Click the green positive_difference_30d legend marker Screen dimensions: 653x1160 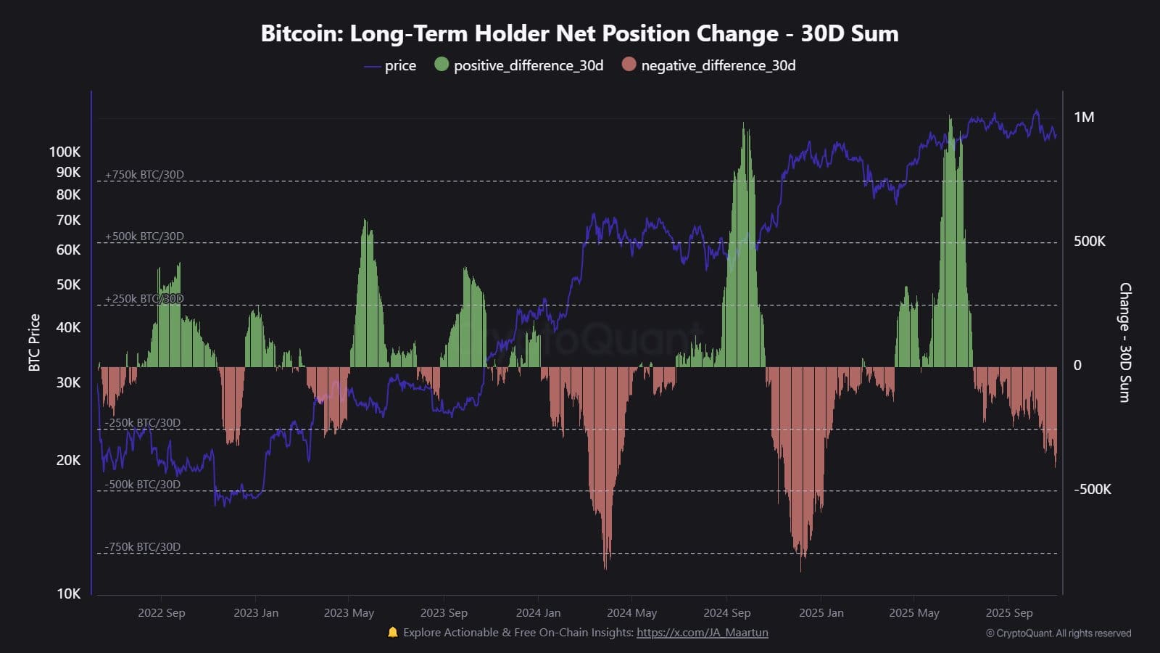[442, 65]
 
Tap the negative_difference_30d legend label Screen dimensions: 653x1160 [718, 65]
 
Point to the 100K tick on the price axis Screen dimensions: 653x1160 [65, 152]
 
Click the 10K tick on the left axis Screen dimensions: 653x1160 [69, 594]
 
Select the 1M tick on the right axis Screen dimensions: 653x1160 [1084, 118]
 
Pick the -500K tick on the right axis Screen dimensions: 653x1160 [1092, 490]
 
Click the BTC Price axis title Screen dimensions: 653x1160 [34, 342]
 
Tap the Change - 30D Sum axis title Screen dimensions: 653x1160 [1124, 342]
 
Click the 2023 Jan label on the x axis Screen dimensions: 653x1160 [256, 613]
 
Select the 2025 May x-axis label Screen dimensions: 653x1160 [913, 613]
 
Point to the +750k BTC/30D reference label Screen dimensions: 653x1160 [144, 175]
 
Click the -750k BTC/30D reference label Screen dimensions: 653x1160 [143, 547]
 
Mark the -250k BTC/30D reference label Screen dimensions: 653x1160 [143, 423]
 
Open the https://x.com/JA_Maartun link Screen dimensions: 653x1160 [702, 633]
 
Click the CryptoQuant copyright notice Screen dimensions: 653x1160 [1058, 633]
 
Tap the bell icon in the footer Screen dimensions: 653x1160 [393, 633]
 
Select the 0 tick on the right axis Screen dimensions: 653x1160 [1077, 366]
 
